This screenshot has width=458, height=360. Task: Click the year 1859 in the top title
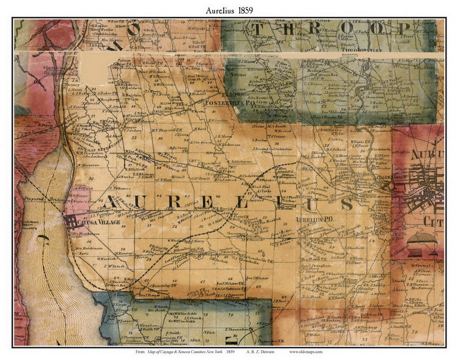[248, 11]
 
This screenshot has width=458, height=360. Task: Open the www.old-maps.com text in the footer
[305, 352]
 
